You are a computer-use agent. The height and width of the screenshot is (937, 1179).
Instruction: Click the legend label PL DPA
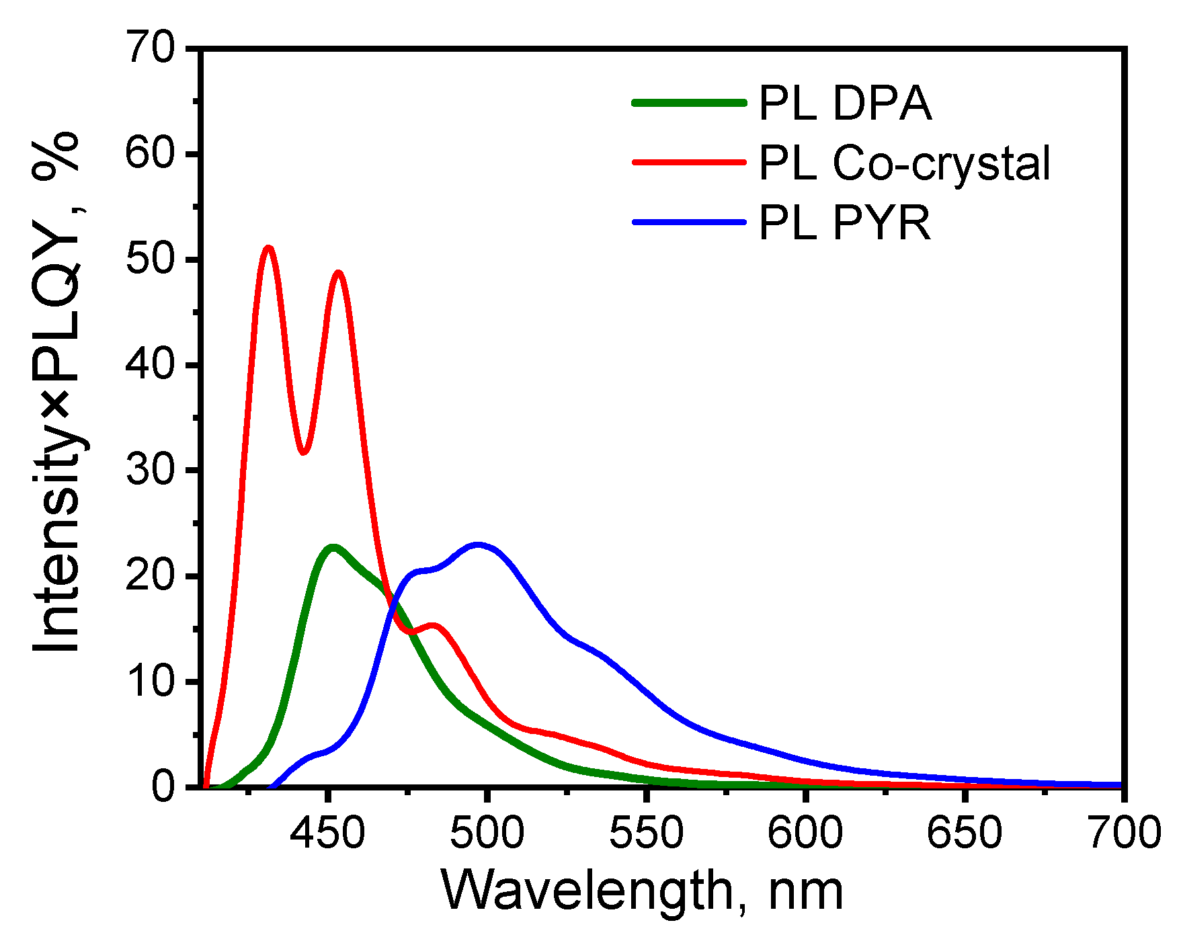[845, 104]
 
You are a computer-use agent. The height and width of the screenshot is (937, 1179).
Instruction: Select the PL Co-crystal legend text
[904, 163]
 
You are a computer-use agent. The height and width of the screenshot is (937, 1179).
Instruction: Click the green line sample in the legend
[689, 103]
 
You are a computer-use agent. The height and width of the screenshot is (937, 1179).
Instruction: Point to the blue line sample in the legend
[689, 221]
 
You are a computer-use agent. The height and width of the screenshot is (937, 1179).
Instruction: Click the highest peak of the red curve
[269, 248]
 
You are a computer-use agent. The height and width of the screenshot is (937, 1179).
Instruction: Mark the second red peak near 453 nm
[338, 273]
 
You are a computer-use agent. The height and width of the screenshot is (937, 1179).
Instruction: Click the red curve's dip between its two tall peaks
[303, 452]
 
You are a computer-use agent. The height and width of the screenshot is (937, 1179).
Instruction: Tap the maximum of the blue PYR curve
[478, 544]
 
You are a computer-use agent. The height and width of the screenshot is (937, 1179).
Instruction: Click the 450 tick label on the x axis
[327, 833]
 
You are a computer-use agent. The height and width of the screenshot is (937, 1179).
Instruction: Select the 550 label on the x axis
[646, 833]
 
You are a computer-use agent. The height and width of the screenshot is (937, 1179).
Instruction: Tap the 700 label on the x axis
[1123, 833]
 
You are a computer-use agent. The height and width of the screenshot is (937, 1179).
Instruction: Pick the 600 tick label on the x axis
[805, 833]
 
